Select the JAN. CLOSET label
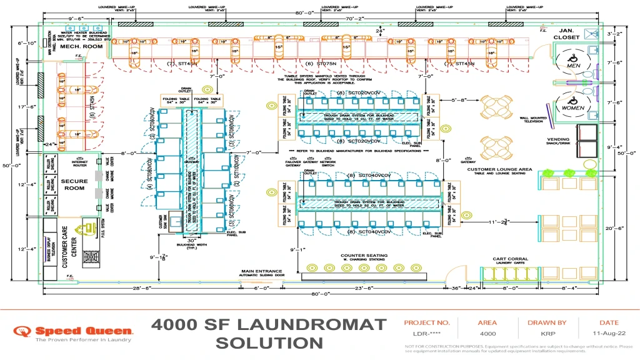click(566, 34)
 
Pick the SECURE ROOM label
click(74, 184)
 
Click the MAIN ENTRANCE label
click(263, 272)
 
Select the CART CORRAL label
click(509, 259)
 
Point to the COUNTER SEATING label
click(364, 256)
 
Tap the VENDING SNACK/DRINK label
click(558, 141)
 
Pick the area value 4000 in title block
click(487, 334)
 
